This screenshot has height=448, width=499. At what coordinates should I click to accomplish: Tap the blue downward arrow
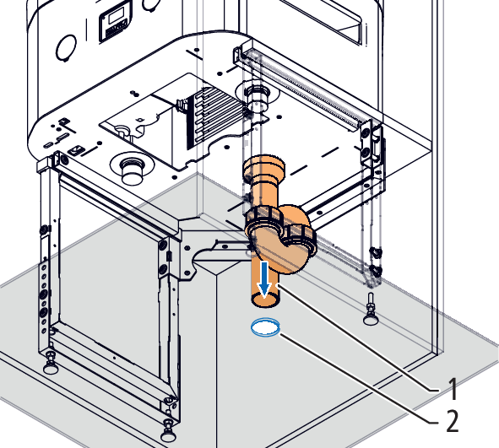tap(264, 279)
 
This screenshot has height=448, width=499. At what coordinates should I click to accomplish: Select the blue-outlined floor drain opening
tap(265, 327)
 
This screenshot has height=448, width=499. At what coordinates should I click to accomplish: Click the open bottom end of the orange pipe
tap(265, 300)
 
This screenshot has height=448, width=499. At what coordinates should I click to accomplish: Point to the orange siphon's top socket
tap(264, 167)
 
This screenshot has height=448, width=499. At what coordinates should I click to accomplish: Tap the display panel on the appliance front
tap(115, 24)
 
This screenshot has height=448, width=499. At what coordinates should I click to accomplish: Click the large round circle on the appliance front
tap(66, 48)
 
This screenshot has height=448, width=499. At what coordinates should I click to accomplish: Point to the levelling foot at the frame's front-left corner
tap(51, 363)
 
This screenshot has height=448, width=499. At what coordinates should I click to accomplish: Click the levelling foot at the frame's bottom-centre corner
tap(168, 431)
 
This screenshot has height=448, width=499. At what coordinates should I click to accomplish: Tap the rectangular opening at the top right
tap(322, 19)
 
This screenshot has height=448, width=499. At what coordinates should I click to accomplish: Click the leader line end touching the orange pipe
tap(279, 285)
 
